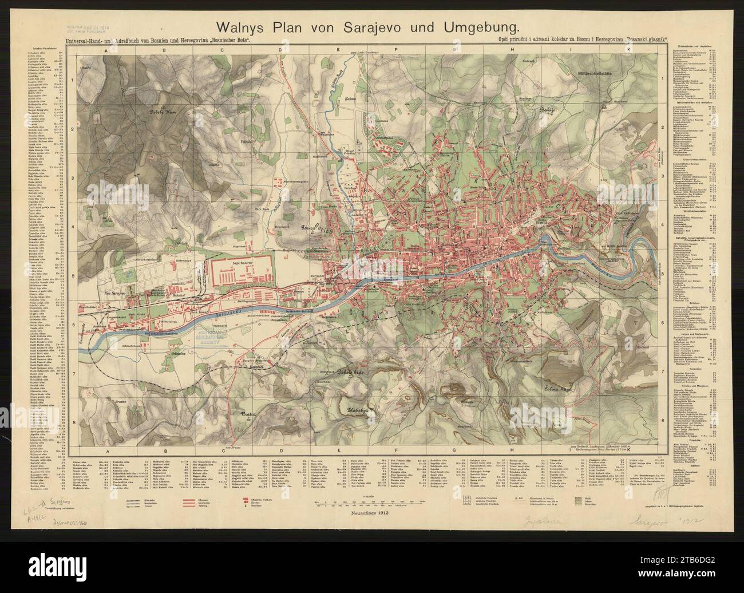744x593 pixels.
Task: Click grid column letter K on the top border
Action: coord(628,50)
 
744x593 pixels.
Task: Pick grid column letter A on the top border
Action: coord(106,50)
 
